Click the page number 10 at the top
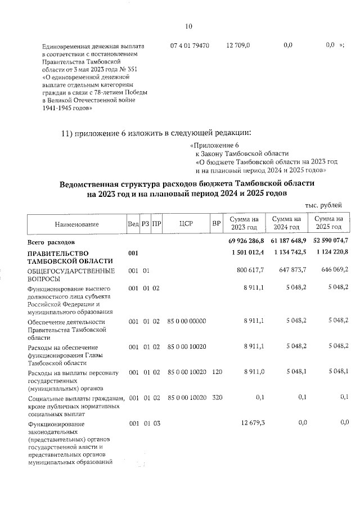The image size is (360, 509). point(188,26)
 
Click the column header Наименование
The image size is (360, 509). point(76,224)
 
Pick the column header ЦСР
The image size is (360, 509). point(186,224)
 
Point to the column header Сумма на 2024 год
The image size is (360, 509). point(286,224)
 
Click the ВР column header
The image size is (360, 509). point(216,224)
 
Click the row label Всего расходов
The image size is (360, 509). point(51,241)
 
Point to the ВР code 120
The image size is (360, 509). point(216,372)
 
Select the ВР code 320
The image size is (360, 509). point(216,397)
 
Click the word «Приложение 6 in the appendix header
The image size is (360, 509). point(211,146)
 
